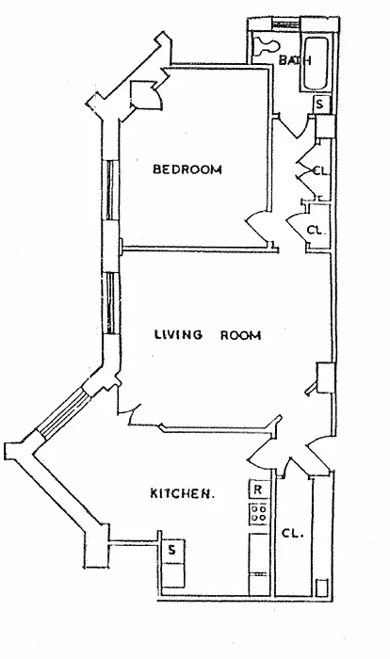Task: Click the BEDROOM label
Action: click(x=187, y=169)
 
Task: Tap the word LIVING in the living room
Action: click(x=178, y=334)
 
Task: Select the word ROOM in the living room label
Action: click(x=240, y=335)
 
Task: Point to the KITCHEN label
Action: click(x=182, y=493)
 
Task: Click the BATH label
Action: click(x=295, y=60)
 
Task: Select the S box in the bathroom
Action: click(x=320, y=104)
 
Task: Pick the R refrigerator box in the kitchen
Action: click(x=258, y=490)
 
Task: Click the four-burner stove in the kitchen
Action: click(x=258, y=513)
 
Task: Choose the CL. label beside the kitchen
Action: click(x=292, y=534)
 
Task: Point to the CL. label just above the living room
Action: click(x=317, y=231)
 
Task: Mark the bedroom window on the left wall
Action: click(x=109, y=190)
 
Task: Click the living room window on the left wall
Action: click(x=110, y=302)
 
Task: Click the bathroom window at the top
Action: click(x=286, y=24)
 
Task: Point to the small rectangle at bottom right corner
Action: click(x=322, y=587)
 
